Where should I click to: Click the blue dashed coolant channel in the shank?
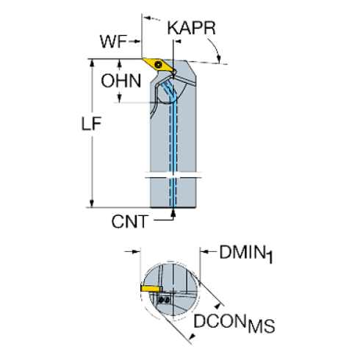point(175,147)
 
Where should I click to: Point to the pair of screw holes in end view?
point(164,300)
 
